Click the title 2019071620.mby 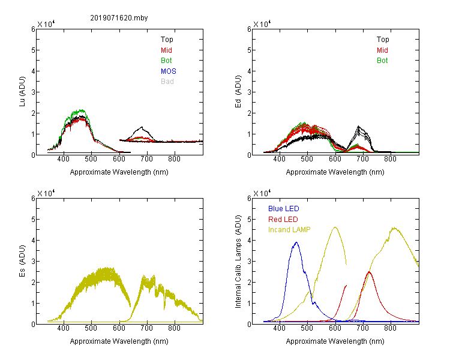point(119,18)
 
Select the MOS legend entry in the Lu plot point(169,71)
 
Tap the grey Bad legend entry point(167,82)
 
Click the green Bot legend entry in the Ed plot point(382,61)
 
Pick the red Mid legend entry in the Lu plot point(166,50)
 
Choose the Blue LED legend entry point(284,209)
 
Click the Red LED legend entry point(283,220)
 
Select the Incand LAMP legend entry point(289,230)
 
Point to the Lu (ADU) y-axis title point(22,92)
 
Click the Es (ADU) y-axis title point(22,261)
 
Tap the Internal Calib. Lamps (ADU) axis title point(238,262)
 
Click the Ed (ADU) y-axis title point(238,92)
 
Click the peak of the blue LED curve point(296,242)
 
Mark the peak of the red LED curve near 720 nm point(369,272)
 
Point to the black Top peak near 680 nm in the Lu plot point(142,127)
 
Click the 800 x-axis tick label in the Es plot point(174,328)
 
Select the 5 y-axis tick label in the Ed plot point(250,50)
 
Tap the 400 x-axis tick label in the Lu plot point(64,159)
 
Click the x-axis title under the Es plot point(119,341)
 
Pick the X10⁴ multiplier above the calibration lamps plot point(262,193)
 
